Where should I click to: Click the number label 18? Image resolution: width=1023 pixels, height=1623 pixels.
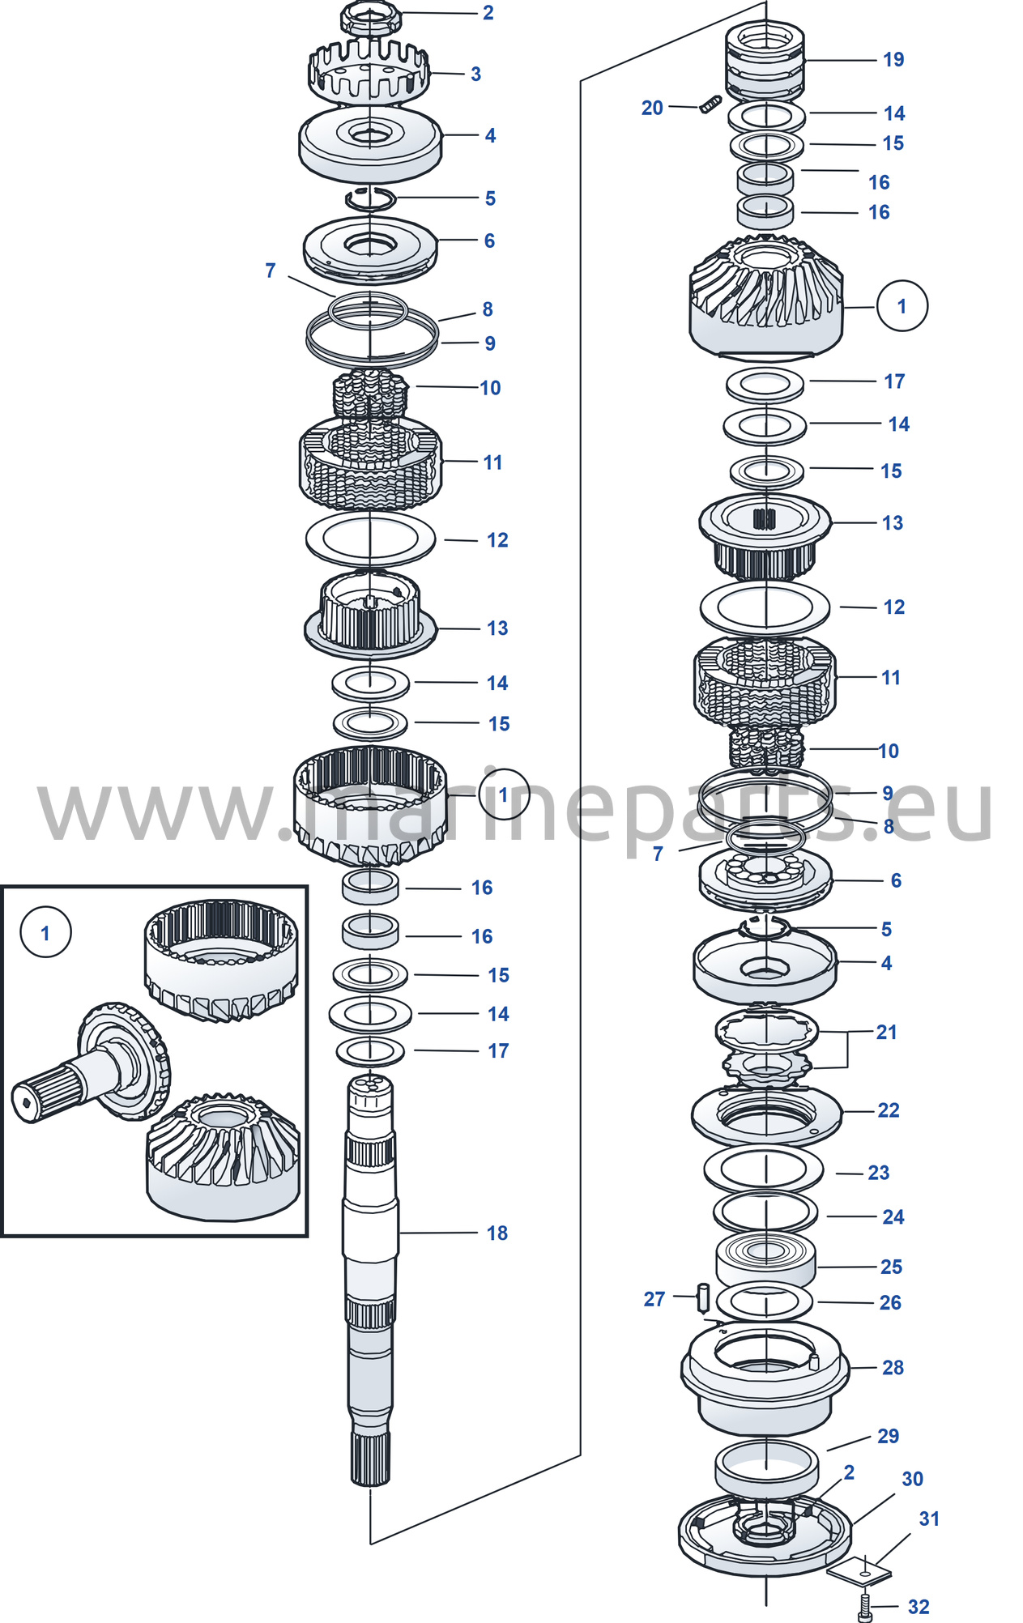[x=497, y=1233]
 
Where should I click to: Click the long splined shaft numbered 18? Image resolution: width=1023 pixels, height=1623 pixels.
[x=370, y=1280]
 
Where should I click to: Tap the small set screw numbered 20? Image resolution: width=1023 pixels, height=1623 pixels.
[x=710, y=104]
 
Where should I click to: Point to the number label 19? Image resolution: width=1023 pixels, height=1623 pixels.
[x=893, y=59]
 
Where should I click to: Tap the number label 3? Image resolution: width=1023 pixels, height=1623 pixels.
[x=476, y=74]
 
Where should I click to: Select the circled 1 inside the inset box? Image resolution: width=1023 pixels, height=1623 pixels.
[x=45, y=932]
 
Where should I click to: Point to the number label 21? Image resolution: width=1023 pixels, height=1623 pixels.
[x=887, y=1032]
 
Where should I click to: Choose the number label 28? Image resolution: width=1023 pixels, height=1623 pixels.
[x=893, y=1367]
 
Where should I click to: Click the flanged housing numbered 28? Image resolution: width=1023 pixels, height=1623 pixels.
[x=765, y=1378]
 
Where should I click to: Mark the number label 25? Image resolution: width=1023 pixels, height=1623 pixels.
[x=891, y=1267]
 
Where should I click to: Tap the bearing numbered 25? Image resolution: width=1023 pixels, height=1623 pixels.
[x=765, y=1260]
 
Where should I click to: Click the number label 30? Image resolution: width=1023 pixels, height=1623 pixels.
[x=912, y=1479]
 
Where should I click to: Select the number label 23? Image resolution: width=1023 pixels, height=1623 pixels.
[x=879, y=1172]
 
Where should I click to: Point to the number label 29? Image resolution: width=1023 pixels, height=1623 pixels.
[x=888, y=1436]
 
